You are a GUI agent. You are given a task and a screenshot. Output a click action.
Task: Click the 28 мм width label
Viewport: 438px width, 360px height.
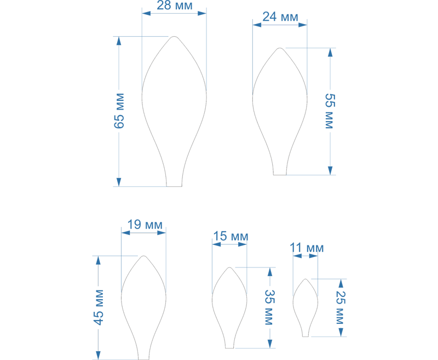pyautogui.click(x=175, y=5)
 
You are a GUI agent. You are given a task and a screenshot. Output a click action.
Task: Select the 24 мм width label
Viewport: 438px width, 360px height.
pyautogui.click(x=280, y=17)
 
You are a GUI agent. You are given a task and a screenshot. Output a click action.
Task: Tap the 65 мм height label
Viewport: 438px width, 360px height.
pyautogui.click(x=119, y=111)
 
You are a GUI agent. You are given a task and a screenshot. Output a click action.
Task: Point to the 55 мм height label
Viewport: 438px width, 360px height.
pyautogui.click(x=330, y=111)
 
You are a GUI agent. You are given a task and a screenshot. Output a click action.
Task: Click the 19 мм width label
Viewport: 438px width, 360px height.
pyautogui.click(x=145, y=225)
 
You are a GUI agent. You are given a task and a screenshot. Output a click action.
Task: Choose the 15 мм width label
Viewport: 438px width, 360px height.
pyautogui.click(x=230, y=237)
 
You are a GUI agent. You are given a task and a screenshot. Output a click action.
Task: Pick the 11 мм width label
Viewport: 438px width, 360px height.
pyautogui.click(x=307, y=248)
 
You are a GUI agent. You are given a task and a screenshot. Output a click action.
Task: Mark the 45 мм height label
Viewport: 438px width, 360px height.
pyautogui.click(x=99, y=307)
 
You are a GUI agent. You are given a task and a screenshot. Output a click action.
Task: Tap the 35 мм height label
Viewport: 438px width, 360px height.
pyautogui.click(x=269, y=307)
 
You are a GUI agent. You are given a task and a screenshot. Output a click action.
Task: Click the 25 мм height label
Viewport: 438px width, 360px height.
pyautogui.click(x=340, y=307)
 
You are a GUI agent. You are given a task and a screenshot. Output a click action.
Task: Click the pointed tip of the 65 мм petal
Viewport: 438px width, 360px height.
pyautogui.click(x=174, y=36)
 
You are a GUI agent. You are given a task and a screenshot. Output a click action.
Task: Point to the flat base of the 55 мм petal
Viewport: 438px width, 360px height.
pyautogui.click(x=280, y=175)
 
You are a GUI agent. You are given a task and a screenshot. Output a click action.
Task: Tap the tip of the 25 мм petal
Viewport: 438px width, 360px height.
pyautogui.click(x=306, y=279)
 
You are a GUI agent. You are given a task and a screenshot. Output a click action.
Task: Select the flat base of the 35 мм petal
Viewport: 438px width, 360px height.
pyautogui.click(x=229, y=348)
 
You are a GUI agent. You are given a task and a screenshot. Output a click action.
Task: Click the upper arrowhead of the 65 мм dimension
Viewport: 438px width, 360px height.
pyautogui.click(x=119, y=41)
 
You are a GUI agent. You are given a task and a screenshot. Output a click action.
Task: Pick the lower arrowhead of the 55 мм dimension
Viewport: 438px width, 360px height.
pyautogui.click(x=330, y=170)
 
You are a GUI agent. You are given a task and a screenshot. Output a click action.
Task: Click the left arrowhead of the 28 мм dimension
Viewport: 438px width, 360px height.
pyautogui.click(x=146, y=13)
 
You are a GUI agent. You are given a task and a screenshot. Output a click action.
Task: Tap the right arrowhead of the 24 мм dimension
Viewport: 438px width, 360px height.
pyautogui.click(x=303, y=25)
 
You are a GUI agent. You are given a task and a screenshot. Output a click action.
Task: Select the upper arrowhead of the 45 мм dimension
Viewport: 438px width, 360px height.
pyautogui.click(x=98, y=260)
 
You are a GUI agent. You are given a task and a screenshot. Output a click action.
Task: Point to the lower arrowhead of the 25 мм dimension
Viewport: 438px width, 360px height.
pyautogui.click(x=341, y=333)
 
